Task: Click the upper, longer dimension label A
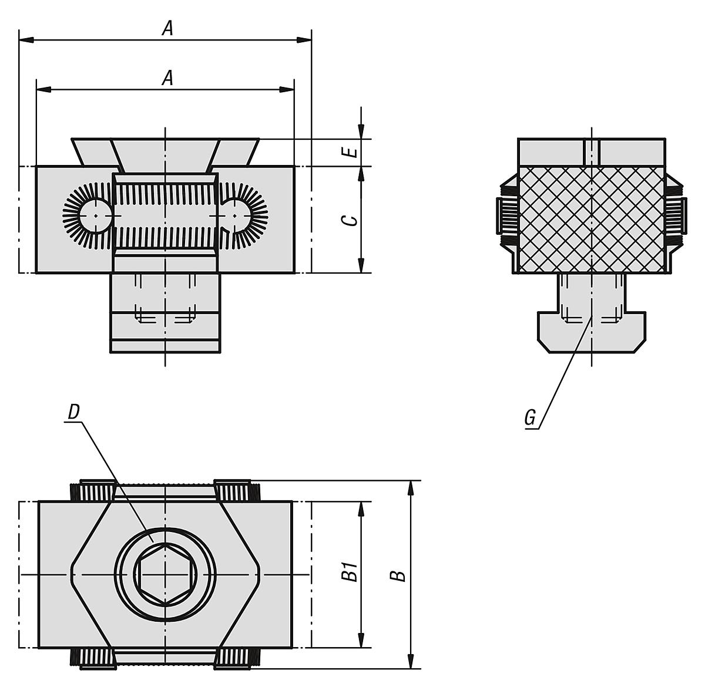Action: pyautogui.click(x=168, y=28)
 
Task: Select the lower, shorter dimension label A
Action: pyautogui.click(x=168, y=78)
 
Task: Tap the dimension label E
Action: pyautogui.click(x=351, y=153)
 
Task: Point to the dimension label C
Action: pyautogui.click(x=351, y=220)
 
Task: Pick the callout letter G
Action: pyautogui.click(x=530, y=417)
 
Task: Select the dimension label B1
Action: pyautogui.click(x=351, y=572)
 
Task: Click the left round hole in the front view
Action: pyautogui.click(x=94, y=215)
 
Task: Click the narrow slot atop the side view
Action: pyautogui.click(x=592, y=151)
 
